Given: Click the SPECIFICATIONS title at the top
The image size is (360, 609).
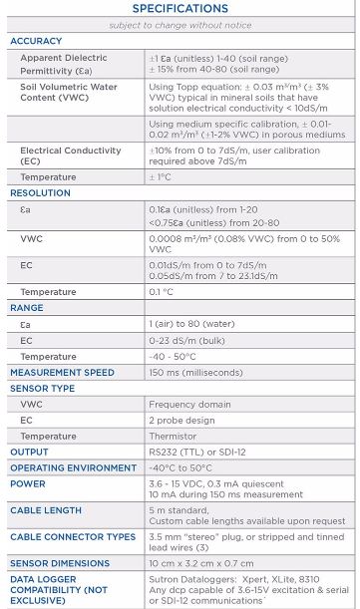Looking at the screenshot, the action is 180,9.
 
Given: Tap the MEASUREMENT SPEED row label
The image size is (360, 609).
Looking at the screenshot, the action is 63,372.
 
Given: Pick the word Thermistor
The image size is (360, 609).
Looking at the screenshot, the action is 174,436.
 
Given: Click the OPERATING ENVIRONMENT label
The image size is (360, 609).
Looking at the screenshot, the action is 71,467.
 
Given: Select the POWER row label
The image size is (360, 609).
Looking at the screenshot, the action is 29,483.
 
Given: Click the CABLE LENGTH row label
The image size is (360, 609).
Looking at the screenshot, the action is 46,509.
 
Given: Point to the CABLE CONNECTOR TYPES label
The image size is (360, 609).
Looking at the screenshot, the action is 73,536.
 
